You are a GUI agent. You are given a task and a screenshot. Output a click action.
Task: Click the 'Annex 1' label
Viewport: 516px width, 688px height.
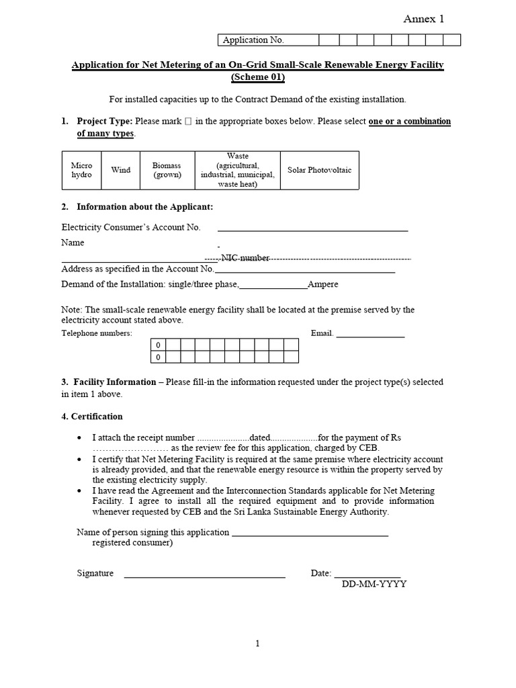(423, 19)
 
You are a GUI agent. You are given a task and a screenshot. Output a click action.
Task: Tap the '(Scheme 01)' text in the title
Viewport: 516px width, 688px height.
(258, 77)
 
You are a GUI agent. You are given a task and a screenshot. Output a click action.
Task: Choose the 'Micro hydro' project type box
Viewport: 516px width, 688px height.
(81, 170)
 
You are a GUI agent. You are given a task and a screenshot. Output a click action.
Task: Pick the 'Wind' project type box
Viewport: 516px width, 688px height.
(121, 170)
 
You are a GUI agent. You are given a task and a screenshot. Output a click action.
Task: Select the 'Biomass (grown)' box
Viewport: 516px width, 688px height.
(167, 170)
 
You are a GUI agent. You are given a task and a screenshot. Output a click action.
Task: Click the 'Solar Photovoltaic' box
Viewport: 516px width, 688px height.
(319, 170)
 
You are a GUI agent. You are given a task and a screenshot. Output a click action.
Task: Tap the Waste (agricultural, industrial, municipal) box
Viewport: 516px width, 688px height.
(237, 170)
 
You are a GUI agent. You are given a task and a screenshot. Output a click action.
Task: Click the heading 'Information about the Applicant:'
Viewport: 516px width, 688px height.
(144, 207)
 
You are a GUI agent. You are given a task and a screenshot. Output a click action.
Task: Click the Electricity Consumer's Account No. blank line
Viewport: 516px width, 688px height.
(312, 230)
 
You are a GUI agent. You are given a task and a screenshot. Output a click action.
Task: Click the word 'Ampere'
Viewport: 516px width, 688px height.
(322, 284)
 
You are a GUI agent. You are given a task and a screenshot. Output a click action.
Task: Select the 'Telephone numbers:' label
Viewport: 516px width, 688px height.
(97, 333)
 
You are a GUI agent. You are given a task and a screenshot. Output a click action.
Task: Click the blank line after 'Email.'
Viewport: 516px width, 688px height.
(370, 336)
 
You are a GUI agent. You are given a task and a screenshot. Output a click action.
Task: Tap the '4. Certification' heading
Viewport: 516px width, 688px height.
(92, 417)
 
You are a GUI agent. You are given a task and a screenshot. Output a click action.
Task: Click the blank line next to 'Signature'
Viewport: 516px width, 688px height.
(205, 576)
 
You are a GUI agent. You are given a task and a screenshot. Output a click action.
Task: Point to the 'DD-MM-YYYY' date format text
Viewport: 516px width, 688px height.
(374, 584)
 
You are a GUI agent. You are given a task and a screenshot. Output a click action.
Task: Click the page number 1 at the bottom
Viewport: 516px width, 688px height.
(257, 644)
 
